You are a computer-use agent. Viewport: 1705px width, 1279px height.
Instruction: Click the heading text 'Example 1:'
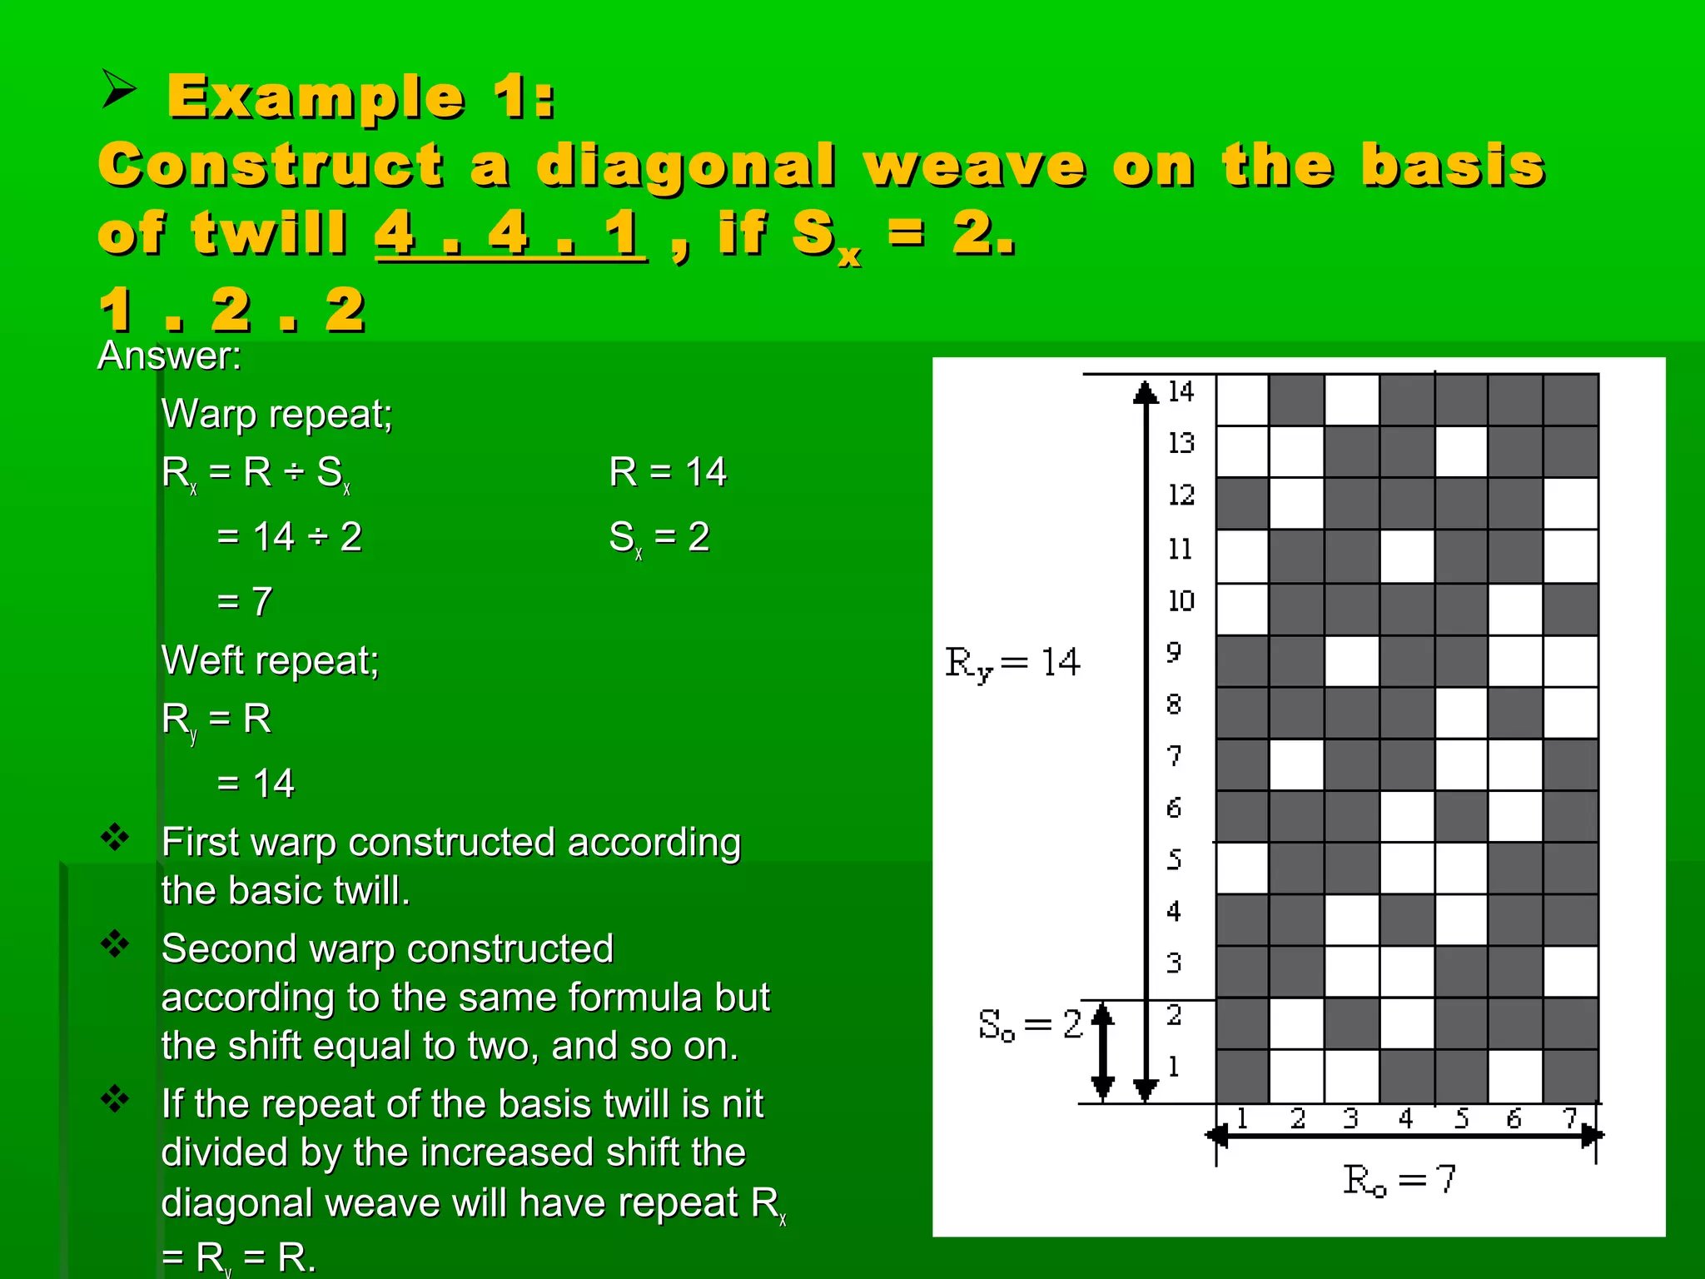click(x=360, y=97)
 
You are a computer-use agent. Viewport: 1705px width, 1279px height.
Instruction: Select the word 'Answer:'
click(x=170, y=356)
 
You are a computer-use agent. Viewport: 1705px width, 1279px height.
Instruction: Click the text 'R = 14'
click(x=668, y=472)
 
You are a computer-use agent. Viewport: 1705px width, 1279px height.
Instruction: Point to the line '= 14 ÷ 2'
click(x=289, y=537)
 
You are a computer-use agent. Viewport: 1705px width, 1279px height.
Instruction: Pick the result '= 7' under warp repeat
click(x=244, y=601)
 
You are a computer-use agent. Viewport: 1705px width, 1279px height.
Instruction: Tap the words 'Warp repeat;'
click(x=276, y=414)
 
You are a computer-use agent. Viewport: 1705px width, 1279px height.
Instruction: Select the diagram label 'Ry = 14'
click(x=1012, y=664)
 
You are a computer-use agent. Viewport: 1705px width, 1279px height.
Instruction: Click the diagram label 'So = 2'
click(x=1030, y=1024)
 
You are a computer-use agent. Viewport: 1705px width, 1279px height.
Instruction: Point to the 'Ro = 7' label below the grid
click(x=1399, y=1179)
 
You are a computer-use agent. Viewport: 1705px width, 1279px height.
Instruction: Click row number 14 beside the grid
click(x=1180, y=391)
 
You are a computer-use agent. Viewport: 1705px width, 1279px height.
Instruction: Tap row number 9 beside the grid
click(x=1174, y=652)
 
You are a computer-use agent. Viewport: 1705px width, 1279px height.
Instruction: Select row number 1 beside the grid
click(x=1174, y=1066)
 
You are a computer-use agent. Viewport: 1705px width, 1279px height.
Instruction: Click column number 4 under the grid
click(x=1405, y=1118)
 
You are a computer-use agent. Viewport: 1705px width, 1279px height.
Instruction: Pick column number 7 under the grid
click(x=1569, y=1118)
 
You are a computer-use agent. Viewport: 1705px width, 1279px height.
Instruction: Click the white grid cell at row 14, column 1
click(x=1242, y=400)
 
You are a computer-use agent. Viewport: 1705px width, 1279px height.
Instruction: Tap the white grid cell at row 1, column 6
click(x=1515, y=1076)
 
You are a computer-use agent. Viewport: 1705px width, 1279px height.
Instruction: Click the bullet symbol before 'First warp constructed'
click(x=115, y=837)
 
